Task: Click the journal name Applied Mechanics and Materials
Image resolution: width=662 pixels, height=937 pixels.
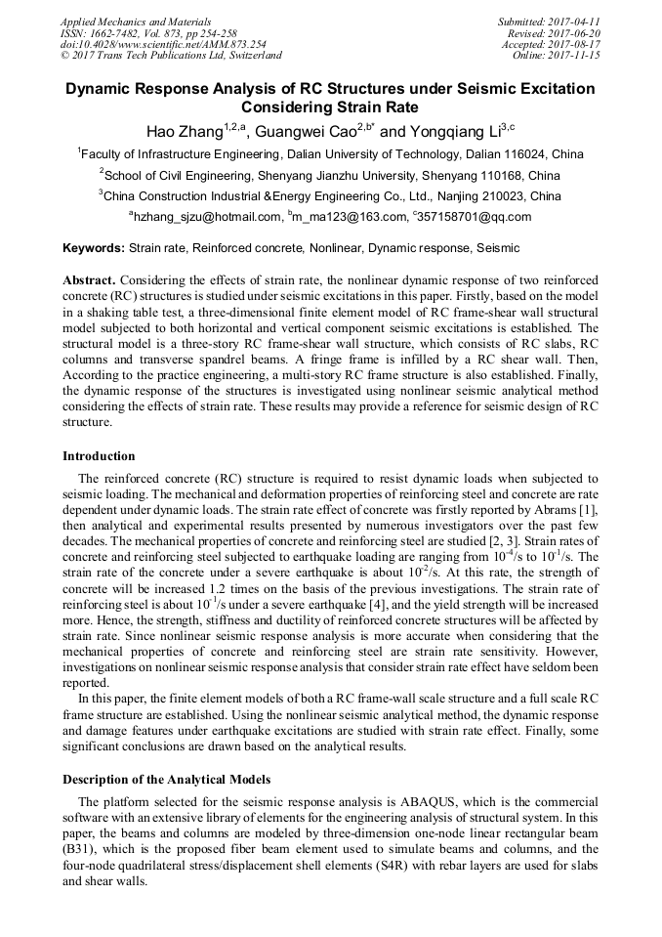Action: point(135,21)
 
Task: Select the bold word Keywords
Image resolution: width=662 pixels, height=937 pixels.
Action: point(94,248)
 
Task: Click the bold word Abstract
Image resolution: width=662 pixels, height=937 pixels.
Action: point(90,279)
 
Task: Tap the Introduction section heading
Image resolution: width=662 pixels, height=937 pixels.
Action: point(99,456)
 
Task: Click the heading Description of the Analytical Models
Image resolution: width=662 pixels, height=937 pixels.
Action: point(166,780)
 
